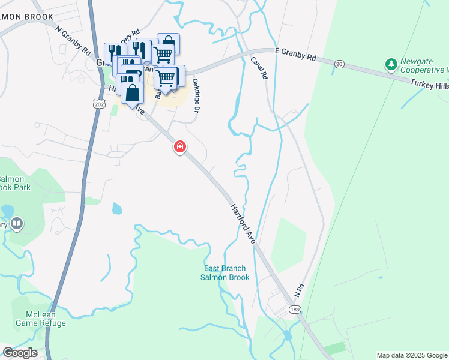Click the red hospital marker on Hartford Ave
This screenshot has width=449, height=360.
pos(179,146)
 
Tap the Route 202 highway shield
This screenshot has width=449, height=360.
pos(99,104)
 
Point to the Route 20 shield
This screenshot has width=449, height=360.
pos(339,64)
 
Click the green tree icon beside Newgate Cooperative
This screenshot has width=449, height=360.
pos(391,63)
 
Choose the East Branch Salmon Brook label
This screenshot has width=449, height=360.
pos(224,272)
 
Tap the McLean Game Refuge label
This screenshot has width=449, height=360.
pos(46,319)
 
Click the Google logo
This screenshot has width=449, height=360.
pos(19,353)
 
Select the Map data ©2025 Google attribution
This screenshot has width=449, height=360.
pos(412,355)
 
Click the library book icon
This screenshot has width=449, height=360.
pos(17,224)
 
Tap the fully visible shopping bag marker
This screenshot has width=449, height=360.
pos(132,94)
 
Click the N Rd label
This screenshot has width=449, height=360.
pos(298,290)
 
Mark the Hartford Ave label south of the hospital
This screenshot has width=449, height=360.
pos(243,223)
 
